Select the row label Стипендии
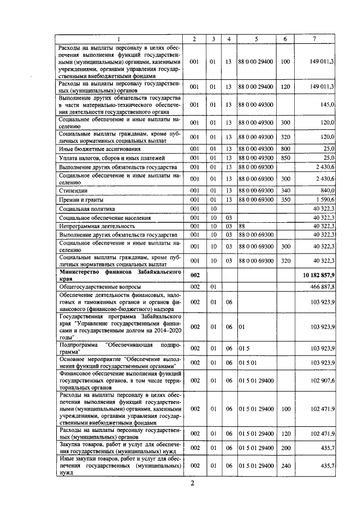pos(72,191)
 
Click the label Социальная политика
pos(84,209)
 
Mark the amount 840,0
pos(327,191)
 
